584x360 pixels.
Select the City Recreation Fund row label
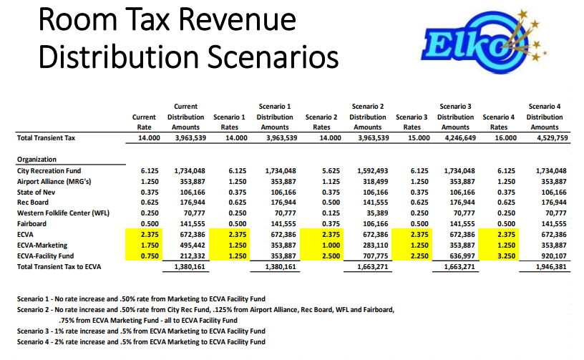(x=49, y=171)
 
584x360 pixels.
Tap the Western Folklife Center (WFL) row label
(x=64, y=212)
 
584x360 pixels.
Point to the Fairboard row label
(x=33, y=223)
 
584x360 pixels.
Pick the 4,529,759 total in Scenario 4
(x=551, y=137)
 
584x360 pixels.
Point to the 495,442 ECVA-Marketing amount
(x=190, y=245)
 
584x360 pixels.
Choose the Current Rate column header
(x=144, y=122)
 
